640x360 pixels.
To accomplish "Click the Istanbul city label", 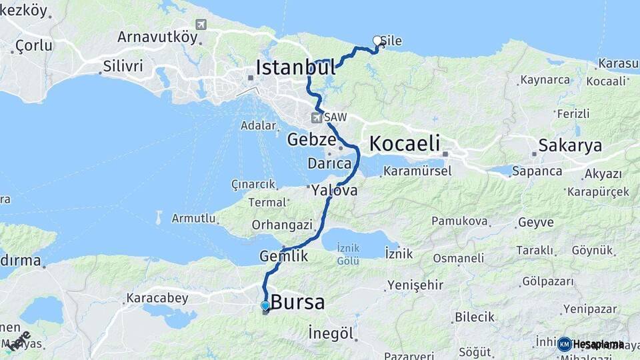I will [x=295, y=67].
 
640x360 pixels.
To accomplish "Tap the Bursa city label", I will [x=297, y=303].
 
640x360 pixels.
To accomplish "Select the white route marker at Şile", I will [x=377, y=41].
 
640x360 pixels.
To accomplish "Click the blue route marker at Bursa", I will [x=265, y=305].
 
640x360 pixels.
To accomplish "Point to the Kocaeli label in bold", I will [x=405, y=143].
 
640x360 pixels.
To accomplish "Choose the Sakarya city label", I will [x=570, y=145].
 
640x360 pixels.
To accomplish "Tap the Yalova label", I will [x=334, y=190].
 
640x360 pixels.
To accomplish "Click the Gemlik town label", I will [x=284, y=255].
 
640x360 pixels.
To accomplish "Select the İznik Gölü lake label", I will [x=348, y=254].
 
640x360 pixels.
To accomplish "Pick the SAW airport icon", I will [x=316, y=118].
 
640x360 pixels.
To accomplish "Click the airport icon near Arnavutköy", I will [x=201, y=24].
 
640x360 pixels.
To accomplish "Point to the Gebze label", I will [x=311, y=139].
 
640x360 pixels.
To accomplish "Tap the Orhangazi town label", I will [x=282, y=225].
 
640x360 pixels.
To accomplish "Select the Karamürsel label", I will [x=417, y=171].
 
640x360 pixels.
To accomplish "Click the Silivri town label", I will [x=123, y=67].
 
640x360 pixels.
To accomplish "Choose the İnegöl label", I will [x=331, y=333].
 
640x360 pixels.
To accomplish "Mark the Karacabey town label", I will [x=157, y=298].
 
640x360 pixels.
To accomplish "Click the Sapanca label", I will [x=537, y=171].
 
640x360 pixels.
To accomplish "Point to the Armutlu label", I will [x=194, y=218].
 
